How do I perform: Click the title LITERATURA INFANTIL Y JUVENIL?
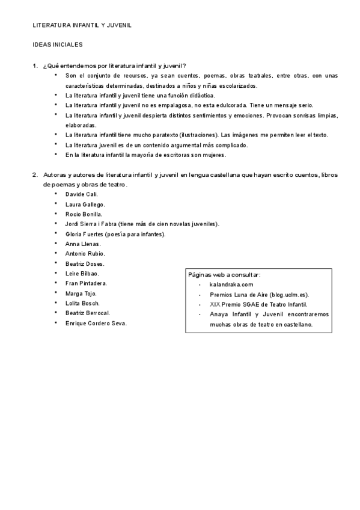pos(82,26)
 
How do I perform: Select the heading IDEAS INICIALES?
pos(57,45)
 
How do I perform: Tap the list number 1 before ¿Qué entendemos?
pos(35,66)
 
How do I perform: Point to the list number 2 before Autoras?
pos(35,174)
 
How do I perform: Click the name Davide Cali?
pos(81,194)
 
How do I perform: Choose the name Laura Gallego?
pos(85,204)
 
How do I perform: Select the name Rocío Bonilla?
pos(84,214)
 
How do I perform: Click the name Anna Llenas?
pos(82,244)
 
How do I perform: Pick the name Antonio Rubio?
pos(84,254)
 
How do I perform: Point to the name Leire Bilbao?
pos(82,274)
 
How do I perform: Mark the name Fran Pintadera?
pos(86,283)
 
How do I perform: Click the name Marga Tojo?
pos(81,293)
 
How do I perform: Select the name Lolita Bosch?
pos(82,303)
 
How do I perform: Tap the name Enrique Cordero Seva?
pos(96,323)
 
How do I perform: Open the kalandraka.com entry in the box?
pos(231,284)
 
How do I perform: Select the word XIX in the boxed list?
pos(215,304)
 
